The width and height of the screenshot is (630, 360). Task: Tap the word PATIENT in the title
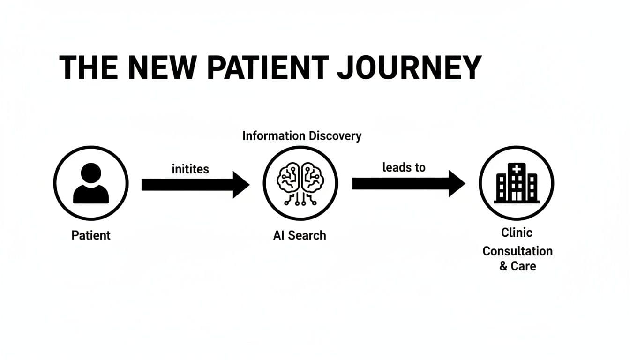tap(269, 68)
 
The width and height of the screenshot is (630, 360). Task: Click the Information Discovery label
tap(302, 136)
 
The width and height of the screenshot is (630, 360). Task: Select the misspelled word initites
tap(190, 169)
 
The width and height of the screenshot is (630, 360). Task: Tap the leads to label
tap(404, 167)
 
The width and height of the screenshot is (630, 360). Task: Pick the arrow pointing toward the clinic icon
tap(408, 183)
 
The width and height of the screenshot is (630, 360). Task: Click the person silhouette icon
tap(91, 183)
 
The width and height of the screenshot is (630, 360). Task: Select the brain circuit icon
tap(300, 183)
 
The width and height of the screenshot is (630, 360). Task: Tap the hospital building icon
tap(517, 183)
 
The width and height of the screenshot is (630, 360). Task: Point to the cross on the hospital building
tap(517, 169)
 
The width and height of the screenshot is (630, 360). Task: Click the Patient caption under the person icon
tap(91, 235)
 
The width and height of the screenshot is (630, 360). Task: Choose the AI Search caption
tap(300, 235)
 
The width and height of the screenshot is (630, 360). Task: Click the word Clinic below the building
tap(517, 232)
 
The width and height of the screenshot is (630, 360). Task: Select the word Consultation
tap(517, 251)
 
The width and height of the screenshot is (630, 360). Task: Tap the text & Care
tap(517, 266)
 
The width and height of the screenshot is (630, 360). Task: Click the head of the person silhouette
tap(91, 174)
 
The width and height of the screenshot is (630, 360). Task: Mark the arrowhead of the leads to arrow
tap(456, 183)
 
